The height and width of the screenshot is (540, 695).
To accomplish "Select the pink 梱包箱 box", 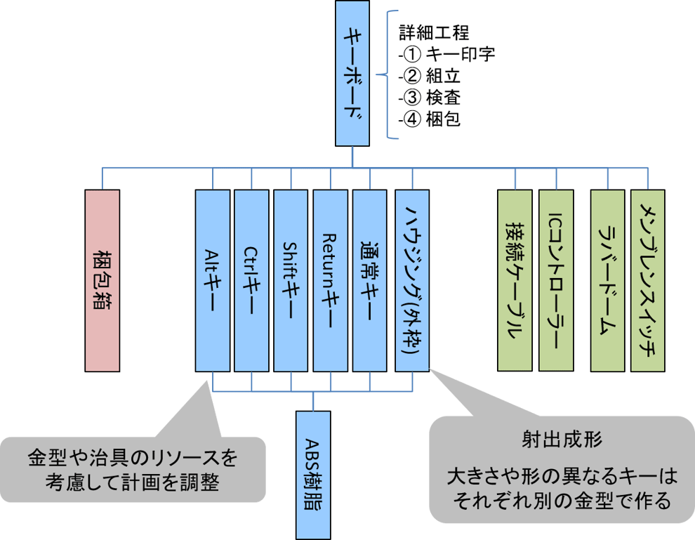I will point(102,281).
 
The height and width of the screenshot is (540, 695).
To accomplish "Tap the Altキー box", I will point(213,281).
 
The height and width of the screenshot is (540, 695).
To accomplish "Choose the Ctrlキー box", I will point(252,281).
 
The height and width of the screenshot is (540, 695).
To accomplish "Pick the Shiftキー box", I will point(291,281).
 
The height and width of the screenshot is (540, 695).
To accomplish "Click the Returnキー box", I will point(331,281).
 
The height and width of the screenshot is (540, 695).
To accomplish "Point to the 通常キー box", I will point(369,281).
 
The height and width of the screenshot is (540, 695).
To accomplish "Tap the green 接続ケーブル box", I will point(515,281).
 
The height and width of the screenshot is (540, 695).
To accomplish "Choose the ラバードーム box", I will point(607,281).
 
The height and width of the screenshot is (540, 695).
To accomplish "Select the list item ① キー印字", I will point(446,54).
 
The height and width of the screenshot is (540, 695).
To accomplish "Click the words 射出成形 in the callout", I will point(562,440).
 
